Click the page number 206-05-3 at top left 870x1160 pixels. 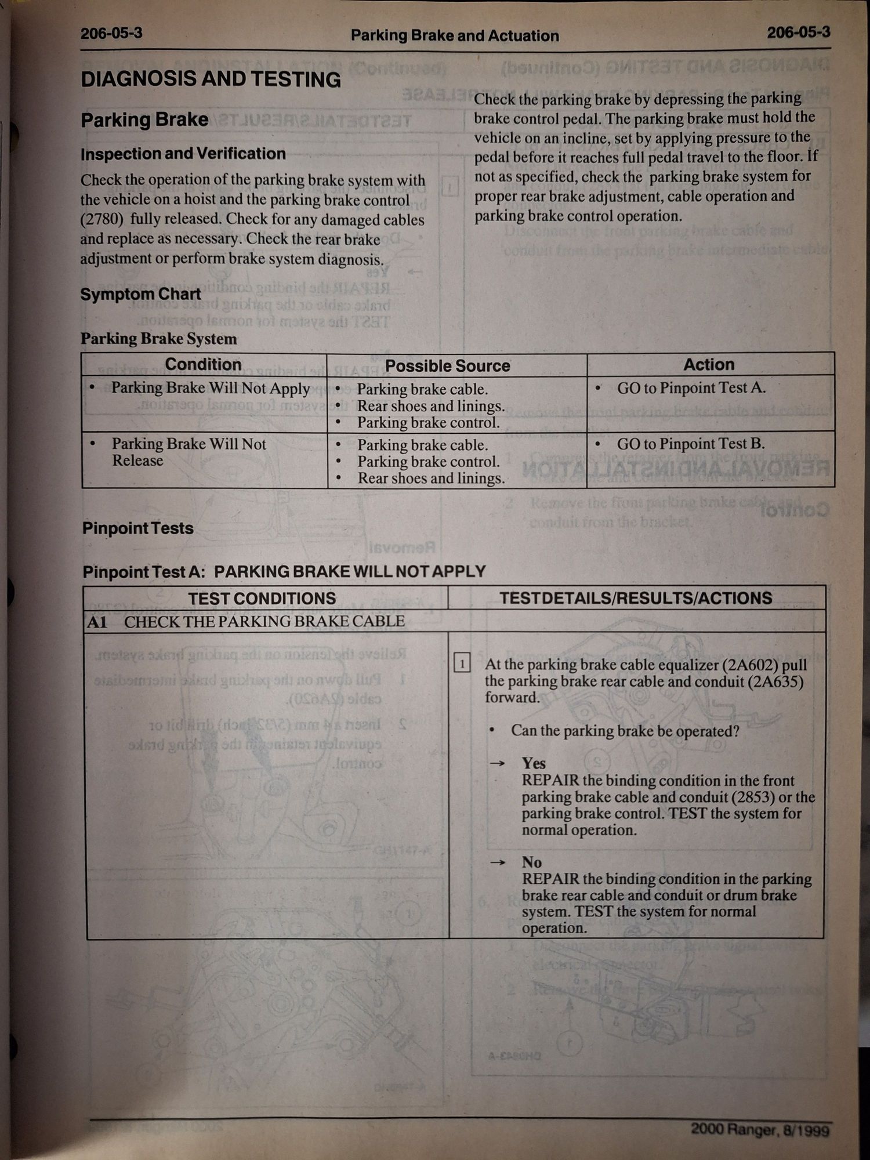pyautogui.click(x=111, y=33)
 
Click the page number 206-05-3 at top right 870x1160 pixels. pyautogui.click(x=798, y=32)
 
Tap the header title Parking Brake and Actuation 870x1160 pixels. pyautogui.click(x=455, y=36)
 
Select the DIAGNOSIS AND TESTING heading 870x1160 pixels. pyautogui.click(x=211, y=79)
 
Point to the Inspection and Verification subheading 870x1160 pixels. pyautogui.click(x=183, y=154)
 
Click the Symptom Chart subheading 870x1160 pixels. pyautogui.click(x=140, y=294)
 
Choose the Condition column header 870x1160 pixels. pyautogui.click(x=203, y=364)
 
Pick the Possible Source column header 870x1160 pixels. pyautogui.click(x=447, y=366)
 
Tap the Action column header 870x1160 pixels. pyautogui.click(x=708, y=364)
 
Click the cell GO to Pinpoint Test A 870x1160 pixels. pyautogui.click(x=691, y=388)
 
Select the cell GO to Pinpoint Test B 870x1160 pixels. pyautogui.click(x=690, y=444)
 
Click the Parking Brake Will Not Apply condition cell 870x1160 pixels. pyautogui.click(x=210, y=388)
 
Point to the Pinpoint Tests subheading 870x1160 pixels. pyautogui.click(x=137, y=528)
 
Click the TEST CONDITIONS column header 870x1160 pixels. pyautogui.click(x=262, y=598)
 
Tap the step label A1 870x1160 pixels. pyautogui.click(x=97, y=622)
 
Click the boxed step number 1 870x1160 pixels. pyautogui.click(x=462, y=663)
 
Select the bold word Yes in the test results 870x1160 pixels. pyautogui.click(x=534, y=763)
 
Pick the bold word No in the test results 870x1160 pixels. pyautogui.click(x=531, y=862)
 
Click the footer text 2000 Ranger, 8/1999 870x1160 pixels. pyautogui.click(x=760, y=1129)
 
